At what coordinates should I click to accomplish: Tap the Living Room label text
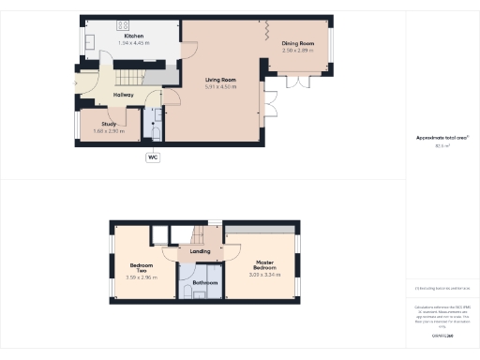(221, 81)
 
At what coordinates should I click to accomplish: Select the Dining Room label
(299, 43)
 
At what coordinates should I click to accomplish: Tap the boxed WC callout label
(152, 157)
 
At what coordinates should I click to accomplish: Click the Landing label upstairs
(200, 251)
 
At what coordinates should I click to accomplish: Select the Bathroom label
(205, 282)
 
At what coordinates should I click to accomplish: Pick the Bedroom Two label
(142, 267)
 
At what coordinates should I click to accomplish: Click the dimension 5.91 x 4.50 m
(221, 88)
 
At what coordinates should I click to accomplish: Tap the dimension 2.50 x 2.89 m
(299, 51)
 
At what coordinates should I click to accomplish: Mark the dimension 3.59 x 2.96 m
(142, 278)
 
